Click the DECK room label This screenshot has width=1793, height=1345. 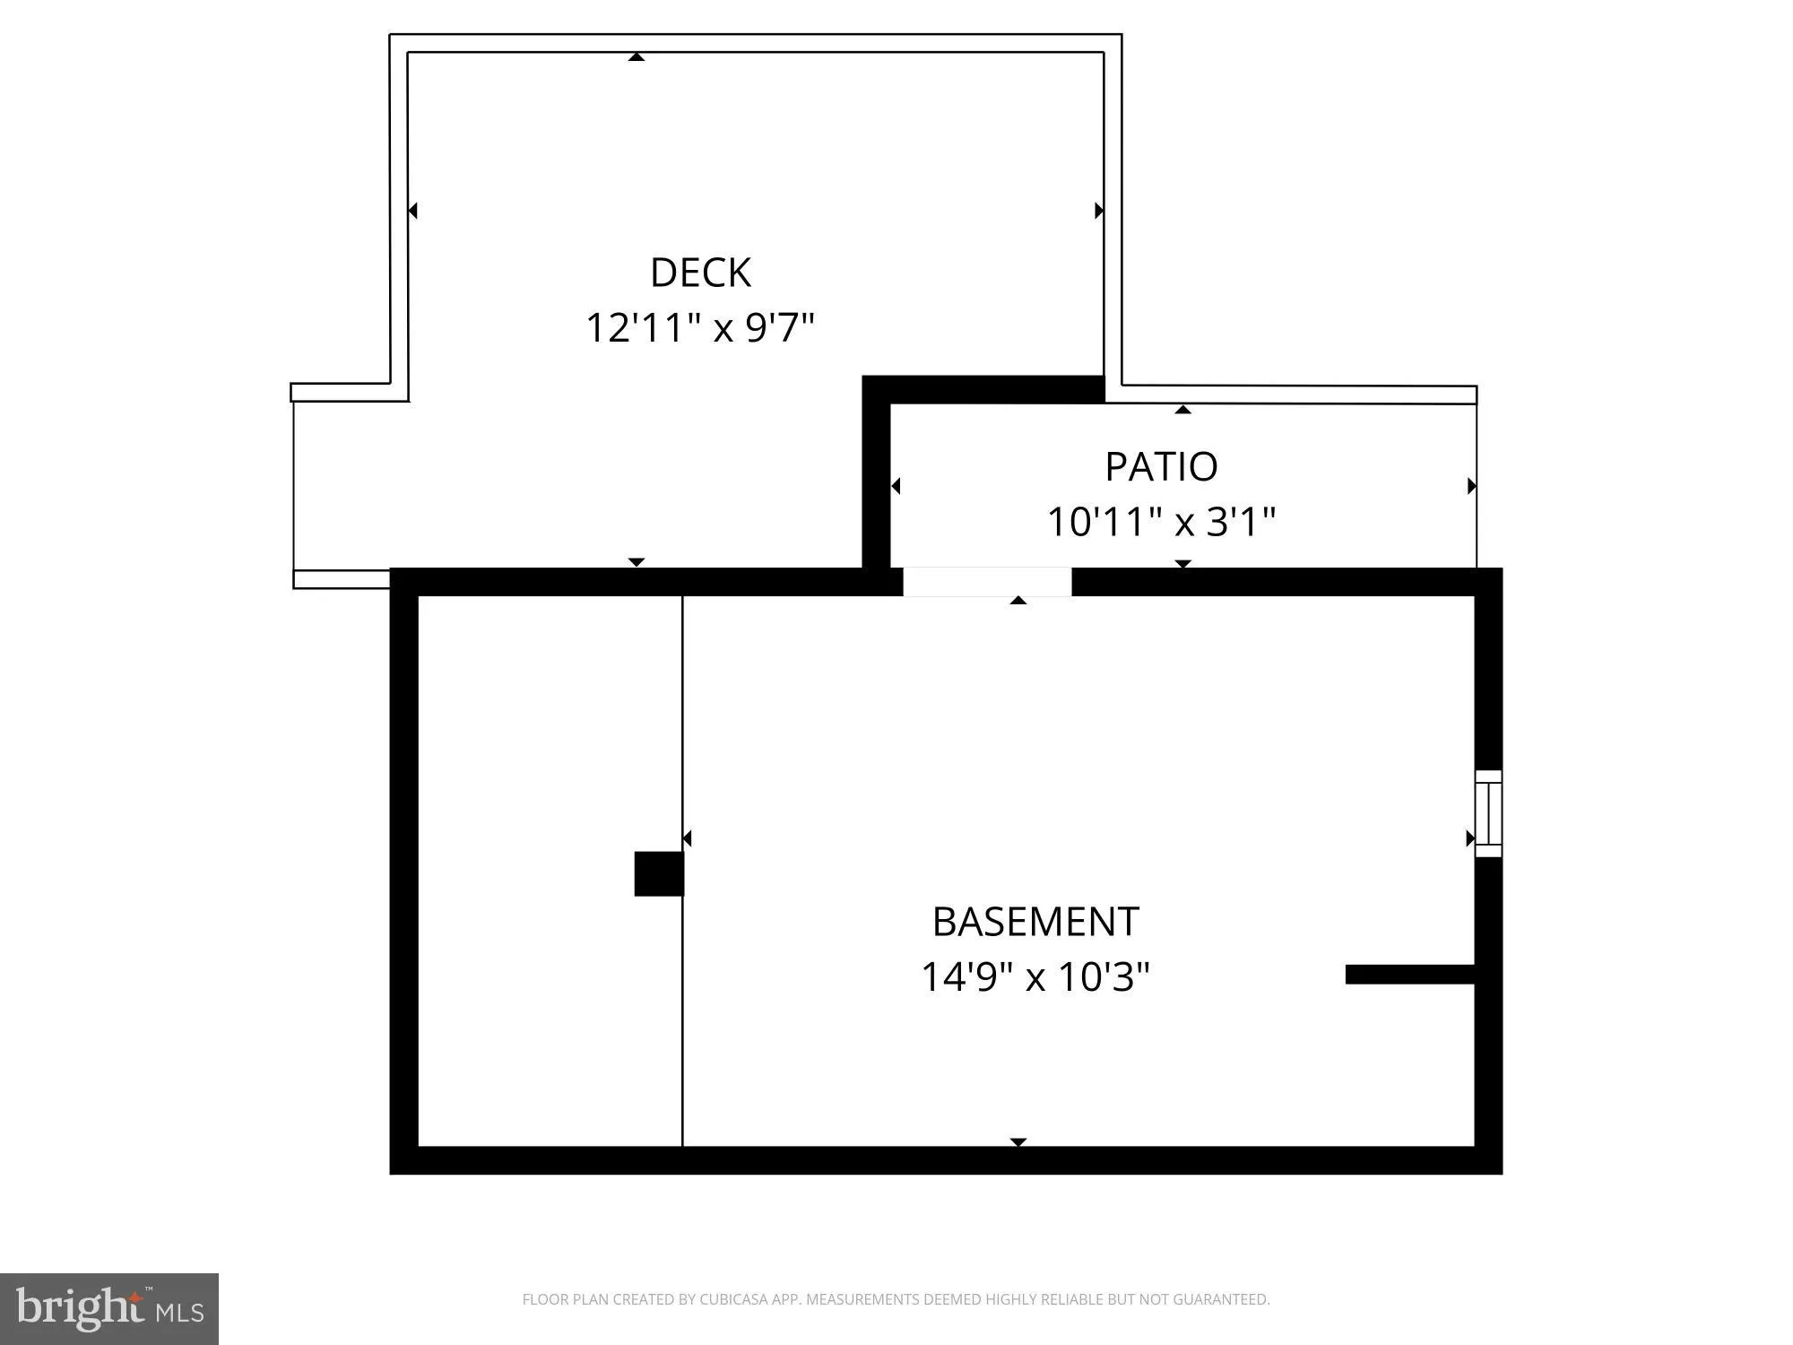click(700, 273)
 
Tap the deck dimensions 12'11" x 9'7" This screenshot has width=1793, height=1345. click(700, 328)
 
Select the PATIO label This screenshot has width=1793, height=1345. click(1161, 466)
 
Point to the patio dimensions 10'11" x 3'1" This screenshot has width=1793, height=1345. click(1161, 522)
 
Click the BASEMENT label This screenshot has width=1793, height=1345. click(1035, 922)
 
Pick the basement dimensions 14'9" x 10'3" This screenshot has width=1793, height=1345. click(1035, 977)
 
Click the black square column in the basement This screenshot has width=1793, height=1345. click(659, 873)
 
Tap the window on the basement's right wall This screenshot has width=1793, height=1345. click(1488, 813)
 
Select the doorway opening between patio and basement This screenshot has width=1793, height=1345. click(987, 582)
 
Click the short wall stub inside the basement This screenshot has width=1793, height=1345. click(1409, 975)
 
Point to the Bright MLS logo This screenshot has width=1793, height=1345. click(109, 1309)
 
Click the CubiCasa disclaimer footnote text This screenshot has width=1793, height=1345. click(896, 1299)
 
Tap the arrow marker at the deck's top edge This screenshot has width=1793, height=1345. click(637, 57)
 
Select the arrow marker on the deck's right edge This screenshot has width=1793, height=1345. click(1099, 211)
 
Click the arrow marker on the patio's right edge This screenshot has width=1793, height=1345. click(1471, 486)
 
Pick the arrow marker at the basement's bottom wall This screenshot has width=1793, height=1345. click(1018, 1141)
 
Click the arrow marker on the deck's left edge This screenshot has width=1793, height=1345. click(412, 211)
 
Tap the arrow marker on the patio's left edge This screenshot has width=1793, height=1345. click(895, 486)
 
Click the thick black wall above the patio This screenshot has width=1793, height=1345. click(983, 390)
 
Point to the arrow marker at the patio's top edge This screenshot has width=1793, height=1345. click(1183, 410)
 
